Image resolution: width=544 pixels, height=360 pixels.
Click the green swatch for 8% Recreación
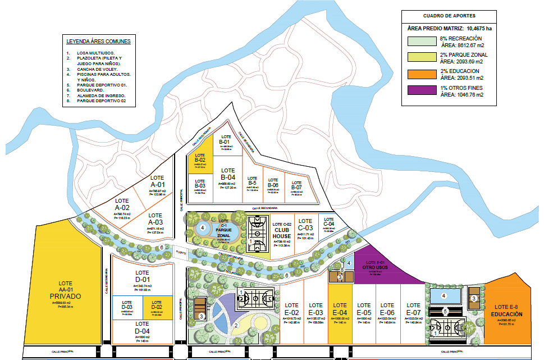pyautogui.click(x=421, y=42)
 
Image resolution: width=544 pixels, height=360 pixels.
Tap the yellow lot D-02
pyautogui.click(x=156, y=307)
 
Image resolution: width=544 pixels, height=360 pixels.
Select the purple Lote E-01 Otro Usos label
pyautogui.click(x=374, y=265)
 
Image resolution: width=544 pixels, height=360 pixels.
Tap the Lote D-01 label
pyautogui.click(x=142, y=277)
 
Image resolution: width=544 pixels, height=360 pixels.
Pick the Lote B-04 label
pyautogui.click(x=227, y=174)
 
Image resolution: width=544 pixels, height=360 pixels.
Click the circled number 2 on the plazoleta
pyautogui.click(x=236, y=325)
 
